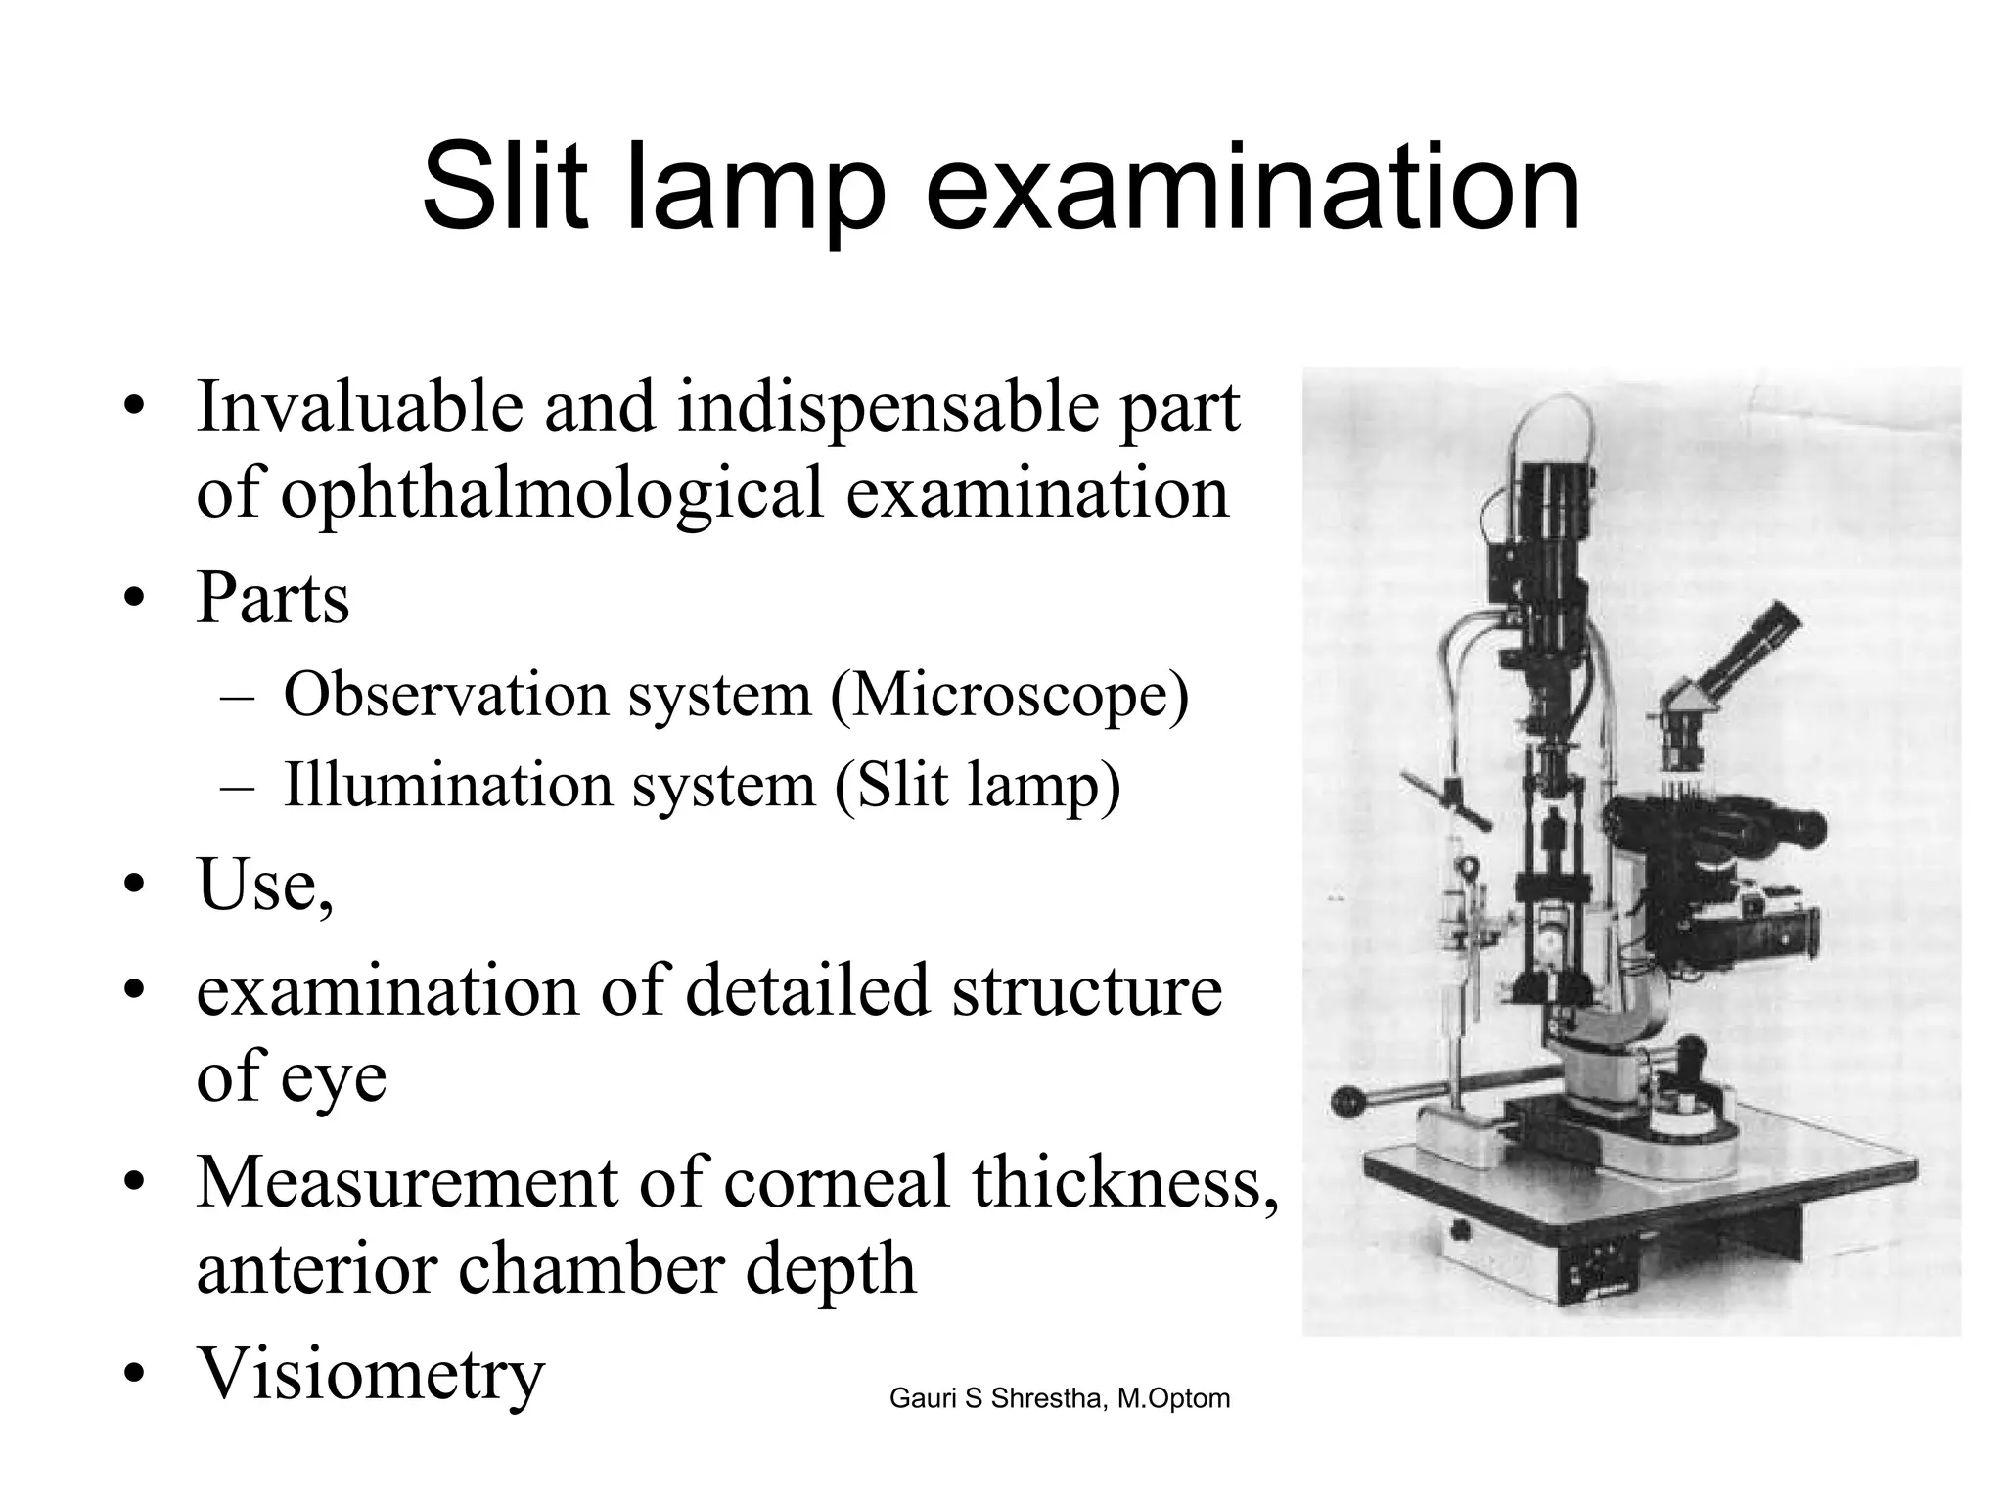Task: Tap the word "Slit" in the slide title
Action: pyautogui.click(x=505, y=186)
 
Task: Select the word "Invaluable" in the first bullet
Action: pyautogui.click(x=359, y=406)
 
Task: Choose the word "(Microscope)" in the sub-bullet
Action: pyautogui.click(x=1009, y=696)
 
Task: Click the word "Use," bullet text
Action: pyautogui.click(x=265, y=885)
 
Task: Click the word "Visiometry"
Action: pyautogui.click(x=371, y=1373)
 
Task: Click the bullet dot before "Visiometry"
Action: pyautogui.click(x=135, y=1375)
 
